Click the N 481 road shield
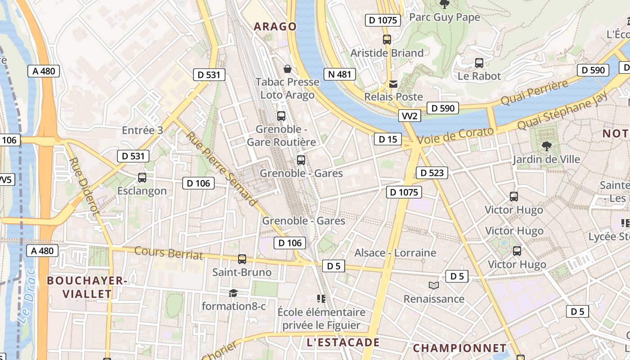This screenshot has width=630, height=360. point(339,74)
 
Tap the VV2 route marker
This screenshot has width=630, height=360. point(409,116)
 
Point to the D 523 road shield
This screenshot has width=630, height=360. point(432,172)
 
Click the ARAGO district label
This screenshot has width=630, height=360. point(275,27)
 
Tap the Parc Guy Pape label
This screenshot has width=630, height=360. point(445,17)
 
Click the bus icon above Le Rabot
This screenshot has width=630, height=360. point(479,63)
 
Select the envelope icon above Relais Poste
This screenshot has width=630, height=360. point(394,84)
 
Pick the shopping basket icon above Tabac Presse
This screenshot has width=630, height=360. point(287,69)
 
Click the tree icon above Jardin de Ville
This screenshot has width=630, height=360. point(547,146)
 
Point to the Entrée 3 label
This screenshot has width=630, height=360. point(143,130)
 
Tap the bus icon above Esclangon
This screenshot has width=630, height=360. point(142,178)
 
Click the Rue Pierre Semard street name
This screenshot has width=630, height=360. point(221,168)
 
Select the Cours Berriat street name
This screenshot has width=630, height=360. point(169,253)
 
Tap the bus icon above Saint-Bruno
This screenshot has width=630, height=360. point(242,259)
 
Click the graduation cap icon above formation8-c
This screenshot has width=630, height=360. point(233,293)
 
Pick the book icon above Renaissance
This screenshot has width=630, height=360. point(434,286)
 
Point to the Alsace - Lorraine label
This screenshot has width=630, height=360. point(395,253)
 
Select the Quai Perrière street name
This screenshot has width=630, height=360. point(534,93)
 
